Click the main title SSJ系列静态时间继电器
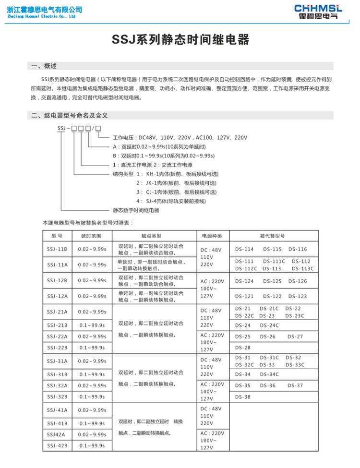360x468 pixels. click(180, 40)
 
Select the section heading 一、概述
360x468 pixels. click(44, 66)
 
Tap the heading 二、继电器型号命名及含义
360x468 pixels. click(70, 115)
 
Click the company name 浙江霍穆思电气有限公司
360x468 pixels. click(44, 9)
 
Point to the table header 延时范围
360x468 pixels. click(91, 236)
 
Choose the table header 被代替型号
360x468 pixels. click(272, 236)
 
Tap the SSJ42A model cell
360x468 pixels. click(57, 434)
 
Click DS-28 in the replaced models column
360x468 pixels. click(243, 348)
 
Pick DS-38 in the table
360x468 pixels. click(243, 397)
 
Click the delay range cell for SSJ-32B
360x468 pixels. click(92, 396)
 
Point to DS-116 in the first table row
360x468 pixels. click(298, 249)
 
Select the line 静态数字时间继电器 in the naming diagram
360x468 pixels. click(136, 210)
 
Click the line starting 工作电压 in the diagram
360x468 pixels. click(180, 138)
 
